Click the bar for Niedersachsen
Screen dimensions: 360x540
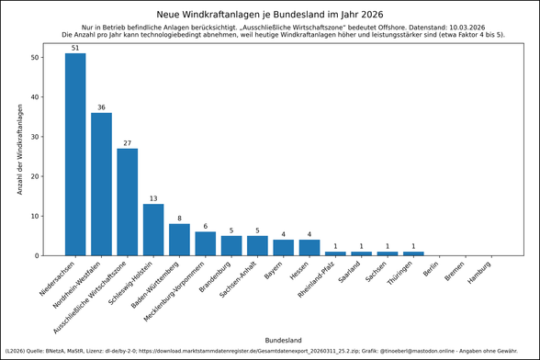click(75, 154)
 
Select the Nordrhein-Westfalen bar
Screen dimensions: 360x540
click(101, 184)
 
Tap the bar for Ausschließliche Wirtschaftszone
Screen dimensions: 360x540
click(127, 202)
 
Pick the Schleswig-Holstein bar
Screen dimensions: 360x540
click(153, 230)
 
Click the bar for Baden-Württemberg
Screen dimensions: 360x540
click(179, 240)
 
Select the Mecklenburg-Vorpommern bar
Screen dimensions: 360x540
click(206, 243)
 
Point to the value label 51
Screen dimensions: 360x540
click(75, 48)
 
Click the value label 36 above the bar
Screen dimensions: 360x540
click(101, 107)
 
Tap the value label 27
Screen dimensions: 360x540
click(127, 143)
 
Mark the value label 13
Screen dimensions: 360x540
click(153, 198)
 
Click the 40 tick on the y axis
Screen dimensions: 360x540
click(34, 97)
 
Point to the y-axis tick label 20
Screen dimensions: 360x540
click(34, 176)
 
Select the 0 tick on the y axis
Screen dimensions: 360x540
click(37, 255)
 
